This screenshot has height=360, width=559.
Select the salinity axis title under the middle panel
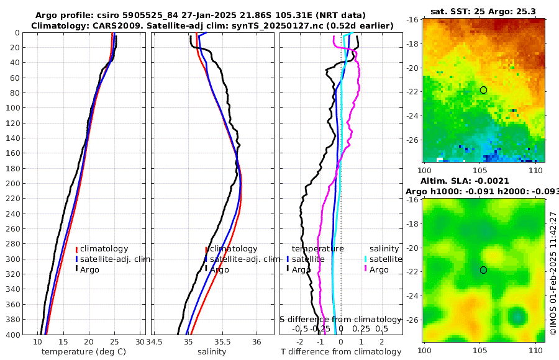(x=211, y=352)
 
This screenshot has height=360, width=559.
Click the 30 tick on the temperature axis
(x=140, y=342)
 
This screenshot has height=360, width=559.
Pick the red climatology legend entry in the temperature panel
(x=104, y=249)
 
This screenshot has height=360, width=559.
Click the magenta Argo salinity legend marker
(x=366, y=269)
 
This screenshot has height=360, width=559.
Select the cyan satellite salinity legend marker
(x=366, y=259)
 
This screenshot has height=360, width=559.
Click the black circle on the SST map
(x=483, y=90)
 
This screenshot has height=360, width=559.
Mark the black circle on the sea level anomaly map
(x=483, y=270)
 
